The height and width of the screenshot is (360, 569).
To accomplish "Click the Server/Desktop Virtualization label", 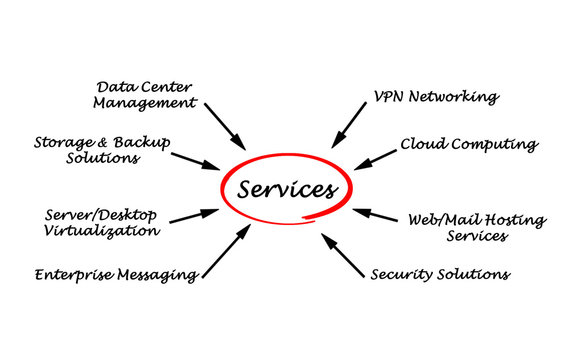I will pyautogui.click(x=102, y=222).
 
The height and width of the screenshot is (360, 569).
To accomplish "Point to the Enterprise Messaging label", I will pyautogui.click(x=115, y=274).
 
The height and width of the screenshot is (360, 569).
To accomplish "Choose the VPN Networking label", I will pyautogui.click(x=436, y=97).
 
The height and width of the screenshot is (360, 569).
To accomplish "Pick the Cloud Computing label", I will pyautogui.click(x=469, y=144).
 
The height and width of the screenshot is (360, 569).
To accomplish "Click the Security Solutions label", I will pyautogui.click(x=440, y=273).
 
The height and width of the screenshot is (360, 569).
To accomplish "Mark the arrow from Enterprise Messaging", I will pyautogui.click(x=227, y=251).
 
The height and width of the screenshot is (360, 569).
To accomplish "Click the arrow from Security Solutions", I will pyautogui.click(x=343, y=255).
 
